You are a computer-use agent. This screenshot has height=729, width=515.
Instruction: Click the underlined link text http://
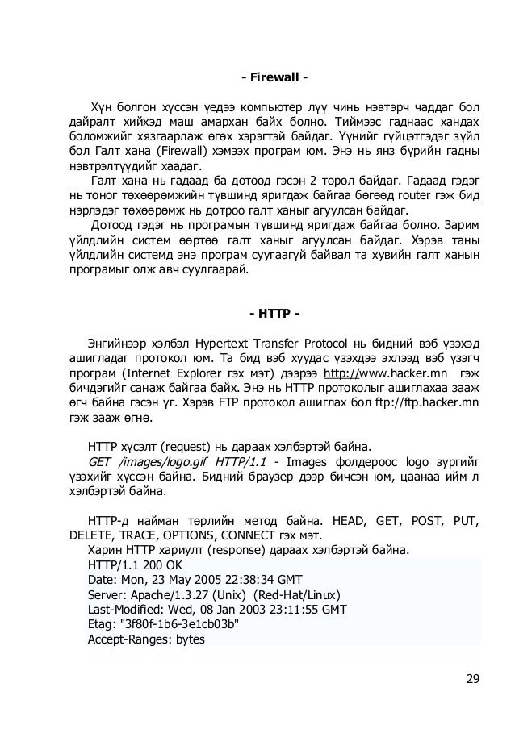339,375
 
